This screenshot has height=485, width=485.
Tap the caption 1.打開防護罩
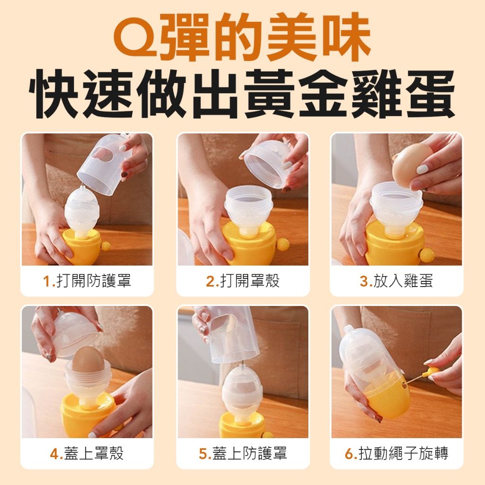click(x=87, y=281)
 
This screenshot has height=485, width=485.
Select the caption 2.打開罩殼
click(x=243, y=281)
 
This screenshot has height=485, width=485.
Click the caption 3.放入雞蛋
click(x=396, y=281)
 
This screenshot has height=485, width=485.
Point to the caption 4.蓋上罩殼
click(x=87, y=453)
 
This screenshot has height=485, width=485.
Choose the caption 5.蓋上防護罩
click(x=243, y=453)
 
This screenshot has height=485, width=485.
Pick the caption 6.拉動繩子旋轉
click(x=396, y=453)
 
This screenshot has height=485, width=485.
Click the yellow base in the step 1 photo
click(x=82, y=246)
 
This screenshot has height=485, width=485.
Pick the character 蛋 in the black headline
click(x=430, y=93)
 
